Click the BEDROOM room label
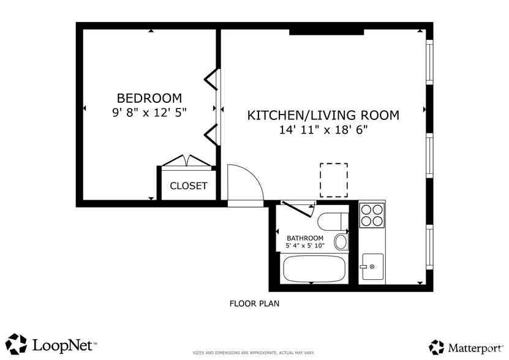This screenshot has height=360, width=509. point(149,98)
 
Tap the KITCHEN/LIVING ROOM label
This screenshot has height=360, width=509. point(323,115)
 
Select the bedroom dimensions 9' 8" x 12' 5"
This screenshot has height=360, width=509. point(149,113)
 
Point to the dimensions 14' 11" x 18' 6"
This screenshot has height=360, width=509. point(323,130)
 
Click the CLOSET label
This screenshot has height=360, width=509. point(188,186)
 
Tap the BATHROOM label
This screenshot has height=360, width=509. point(305,238)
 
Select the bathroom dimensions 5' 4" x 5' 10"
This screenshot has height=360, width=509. point(305,246)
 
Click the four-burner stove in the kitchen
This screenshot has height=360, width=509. point(372,214)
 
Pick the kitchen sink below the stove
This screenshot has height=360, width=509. point(372,266)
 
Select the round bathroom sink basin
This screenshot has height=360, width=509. point(341,242)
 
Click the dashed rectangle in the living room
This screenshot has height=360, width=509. point(334,180)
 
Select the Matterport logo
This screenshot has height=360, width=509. point(467,347)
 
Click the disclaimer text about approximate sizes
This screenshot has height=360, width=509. point(254,353)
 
